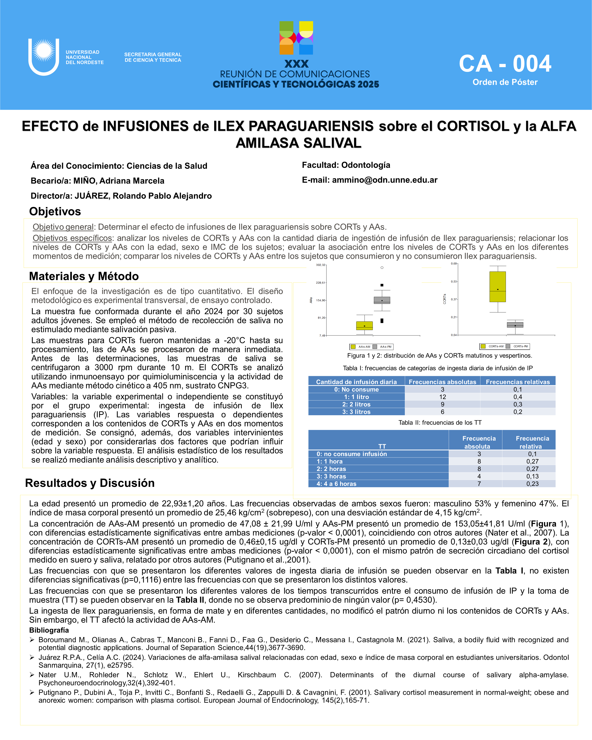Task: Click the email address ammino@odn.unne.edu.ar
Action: click(x=384, y=180)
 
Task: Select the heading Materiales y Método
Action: click(x=84, y=276)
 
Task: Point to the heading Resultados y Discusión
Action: click(x=90, y=483)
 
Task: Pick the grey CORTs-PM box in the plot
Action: click(x=515, y=325)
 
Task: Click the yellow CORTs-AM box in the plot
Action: click(x=498, y=287)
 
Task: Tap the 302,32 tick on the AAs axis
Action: click(x=320, y=265)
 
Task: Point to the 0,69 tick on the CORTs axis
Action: click(x=454, y=264)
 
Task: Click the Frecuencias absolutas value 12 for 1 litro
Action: click(x=442, y=397)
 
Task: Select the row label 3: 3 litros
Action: click(x=356, y=412)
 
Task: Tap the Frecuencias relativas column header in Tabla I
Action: click(x=518, y=382)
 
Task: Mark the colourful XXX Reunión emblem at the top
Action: click(x=296, y=38)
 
